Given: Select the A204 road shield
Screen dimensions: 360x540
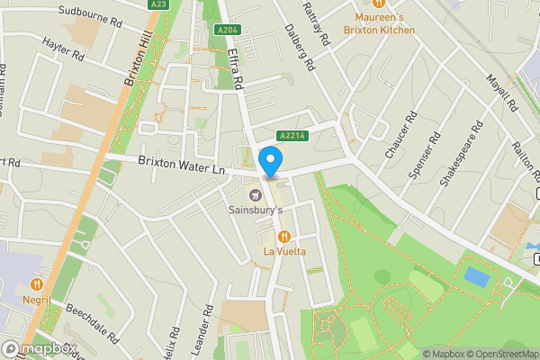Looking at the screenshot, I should (227, 30).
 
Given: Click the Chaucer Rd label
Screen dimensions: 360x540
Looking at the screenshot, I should (401, 135).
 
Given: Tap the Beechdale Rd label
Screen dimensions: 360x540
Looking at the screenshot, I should (92, 324).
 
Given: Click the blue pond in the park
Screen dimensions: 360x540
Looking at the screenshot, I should (476, 275).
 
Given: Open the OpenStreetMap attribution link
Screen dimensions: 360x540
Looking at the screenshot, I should (499, 353).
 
